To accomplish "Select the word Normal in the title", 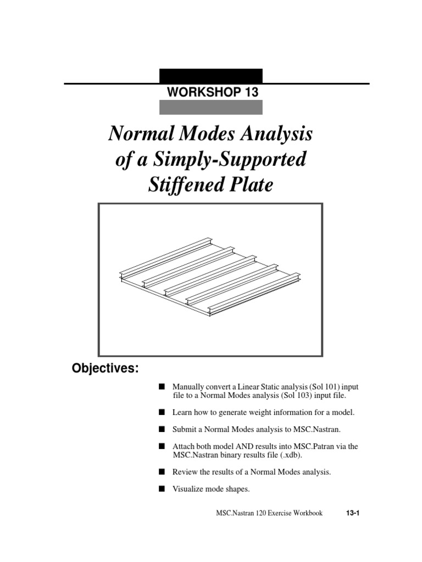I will pyautogui.click(x=138, y=133).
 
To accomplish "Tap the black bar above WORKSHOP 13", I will pyautogui.click(x=210, y=76).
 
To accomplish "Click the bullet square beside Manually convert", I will pyautogui.click(x=162, y=386).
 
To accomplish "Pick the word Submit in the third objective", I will pyautogui.click(x=184, y=429).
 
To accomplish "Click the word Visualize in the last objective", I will pyautogui.click(x=188, y=490).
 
